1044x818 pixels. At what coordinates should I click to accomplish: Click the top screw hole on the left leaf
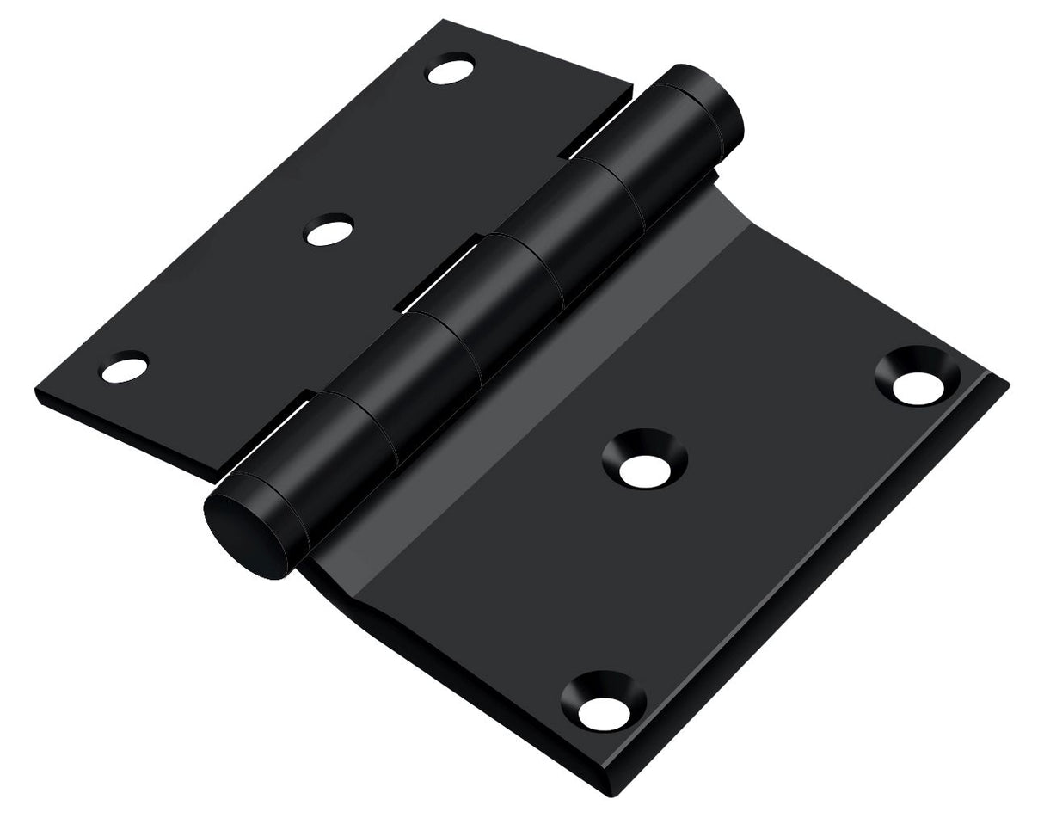tap(451, 69)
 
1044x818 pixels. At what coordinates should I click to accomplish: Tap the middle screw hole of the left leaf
tap(329, 231)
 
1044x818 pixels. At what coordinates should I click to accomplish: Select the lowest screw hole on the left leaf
tap(125, 368)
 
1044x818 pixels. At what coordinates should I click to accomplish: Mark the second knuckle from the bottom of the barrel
tap(430, 361)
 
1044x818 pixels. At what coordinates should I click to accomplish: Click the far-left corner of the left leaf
tap(37, 391)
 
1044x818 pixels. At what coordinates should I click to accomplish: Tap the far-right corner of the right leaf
tap(1006, 384)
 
